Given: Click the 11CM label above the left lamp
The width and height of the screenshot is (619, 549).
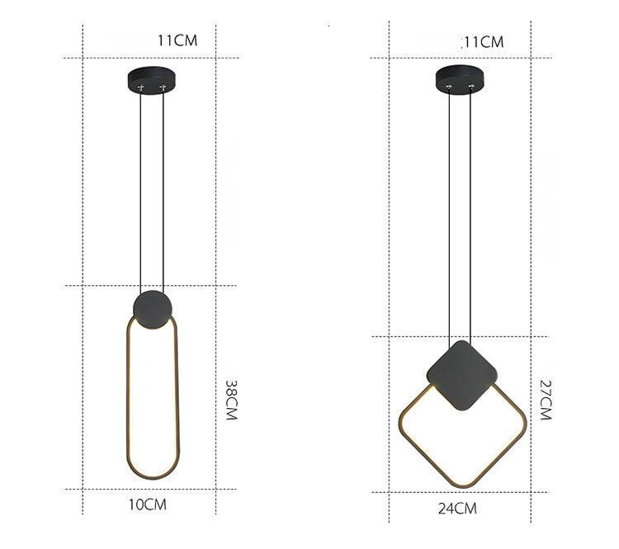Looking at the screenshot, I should pyautogui.click(x=177, y=40).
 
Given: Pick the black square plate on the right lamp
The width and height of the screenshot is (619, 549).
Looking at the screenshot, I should pyautogui.click(x=462, y=376).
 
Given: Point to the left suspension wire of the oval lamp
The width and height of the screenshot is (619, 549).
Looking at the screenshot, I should pyautogui.click(x=140, y=190).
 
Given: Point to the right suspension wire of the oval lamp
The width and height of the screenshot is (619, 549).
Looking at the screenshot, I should pyautogui.click(x=164, y=190).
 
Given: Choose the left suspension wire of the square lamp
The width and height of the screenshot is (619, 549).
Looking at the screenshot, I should pyautogui.click(x=449, y=214).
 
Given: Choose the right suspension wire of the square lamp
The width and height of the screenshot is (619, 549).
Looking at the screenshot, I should pyautogui.click(x=472, y=214).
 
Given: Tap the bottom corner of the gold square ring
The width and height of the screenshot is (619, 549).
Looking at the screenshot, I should pyautogui.click(x=459, y=486).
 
